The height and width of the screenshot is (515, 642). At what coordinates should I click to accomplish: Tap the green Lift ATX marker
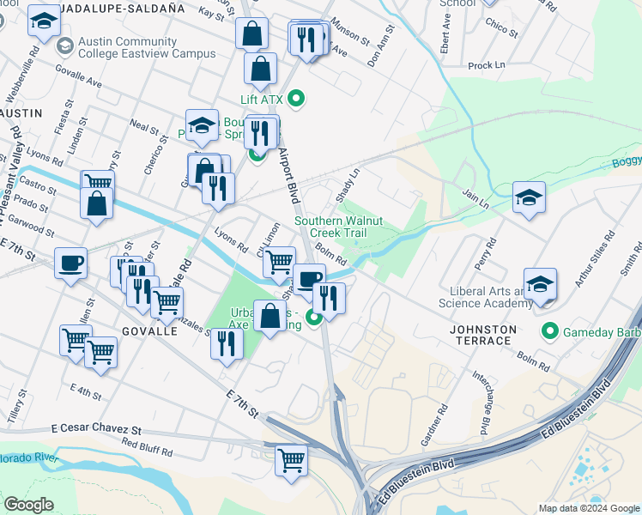point(297,100)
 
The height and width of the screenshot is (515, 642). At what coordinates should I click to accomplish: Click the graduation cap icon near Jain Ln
point(529,197)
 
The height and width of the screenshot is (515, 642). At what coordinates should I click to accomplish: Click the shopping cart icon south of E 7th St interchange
point(291,460)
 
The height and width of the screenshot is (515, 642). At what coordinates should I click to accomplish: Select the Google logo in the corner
point(28,505)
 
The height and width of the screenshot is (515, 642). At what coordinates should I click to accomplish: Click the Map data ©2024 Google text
point(589,508)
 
